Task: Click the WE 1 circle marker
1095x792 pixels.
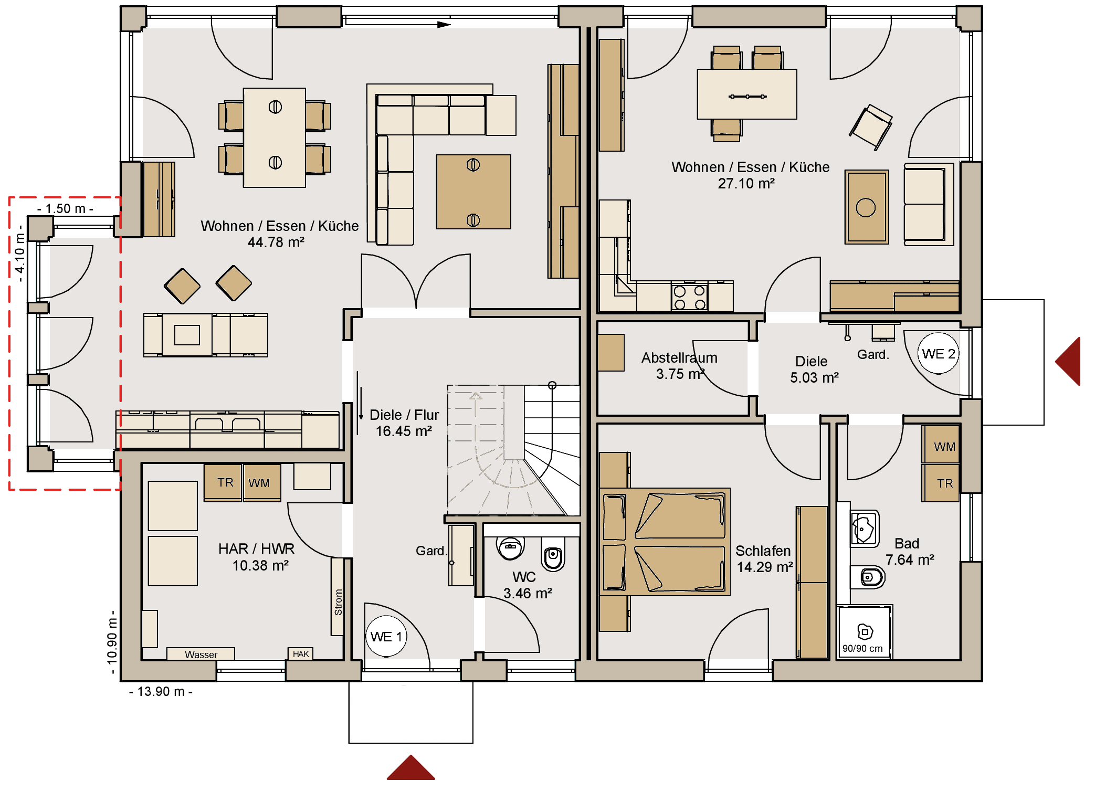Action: click(386, 636)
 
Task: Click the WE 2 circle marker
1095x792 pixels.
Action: click(939, 353)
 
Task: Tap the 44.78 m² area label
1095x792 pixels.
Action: click(276, 242)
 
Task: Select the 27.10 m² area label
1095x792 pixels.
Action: click(746, 184)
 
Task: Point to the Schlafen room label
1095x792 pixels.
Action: click(763, 551)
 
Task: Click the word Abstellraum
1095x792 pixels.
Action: click(679, 357)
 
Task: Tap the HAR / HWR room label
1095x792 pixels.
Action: click(256, 549)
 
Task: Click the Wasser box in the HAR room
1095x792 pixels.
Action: click(201, 653)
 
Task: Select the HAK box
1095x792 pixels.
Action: click(301, 653)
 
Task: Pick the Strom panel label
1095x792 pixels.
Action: click(338, 602)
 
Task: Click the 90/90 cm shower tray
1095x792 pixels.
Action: click(864, 632)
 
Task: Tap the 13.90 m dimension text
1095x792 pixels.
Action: click(161, 692)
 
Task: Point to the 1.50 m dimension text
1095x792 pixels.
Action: click(66, 208)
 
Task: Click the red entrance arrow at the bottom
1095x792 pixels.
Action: click(411, 767)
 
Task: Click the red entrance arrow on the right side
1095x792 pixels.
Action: click(1068, 361)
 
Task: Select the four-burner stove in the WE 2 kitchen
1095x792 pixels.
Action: click(690, 297)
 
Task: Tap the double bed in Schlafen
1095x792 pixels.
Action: click(665, 542)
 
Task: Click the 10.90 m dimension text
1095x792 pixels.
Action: click(112, 642)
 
